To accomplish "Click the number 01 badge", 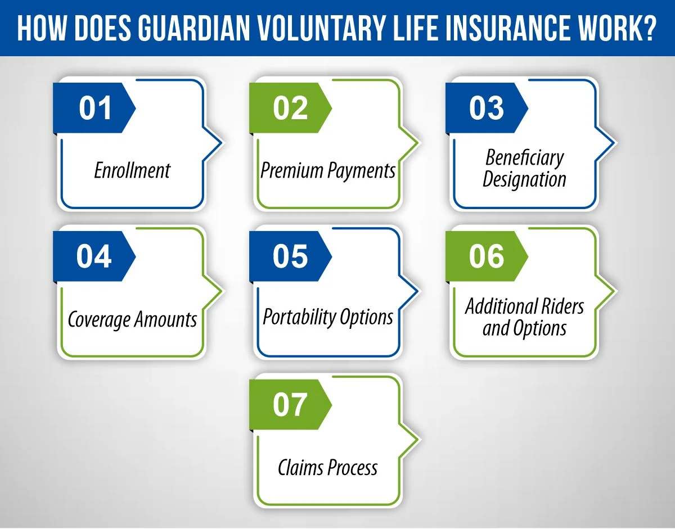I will [94, 108].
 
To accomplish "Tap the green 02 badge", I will [290, 108].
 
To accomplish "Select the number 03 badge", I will [486, 108].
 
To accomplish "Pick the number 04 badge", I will [94, 257].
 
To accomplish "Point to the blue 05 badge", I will [290, 257].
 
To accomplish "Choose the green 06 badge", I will [486, 257].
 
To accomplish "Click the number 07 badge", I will [290, 405].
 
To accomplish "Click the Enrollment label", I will [132, 170].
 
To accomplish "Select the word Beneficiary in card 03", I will [524, 158].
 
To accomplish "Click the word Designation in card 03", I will [524, 180].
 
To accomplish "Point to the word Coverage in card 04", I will [99, 320].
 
